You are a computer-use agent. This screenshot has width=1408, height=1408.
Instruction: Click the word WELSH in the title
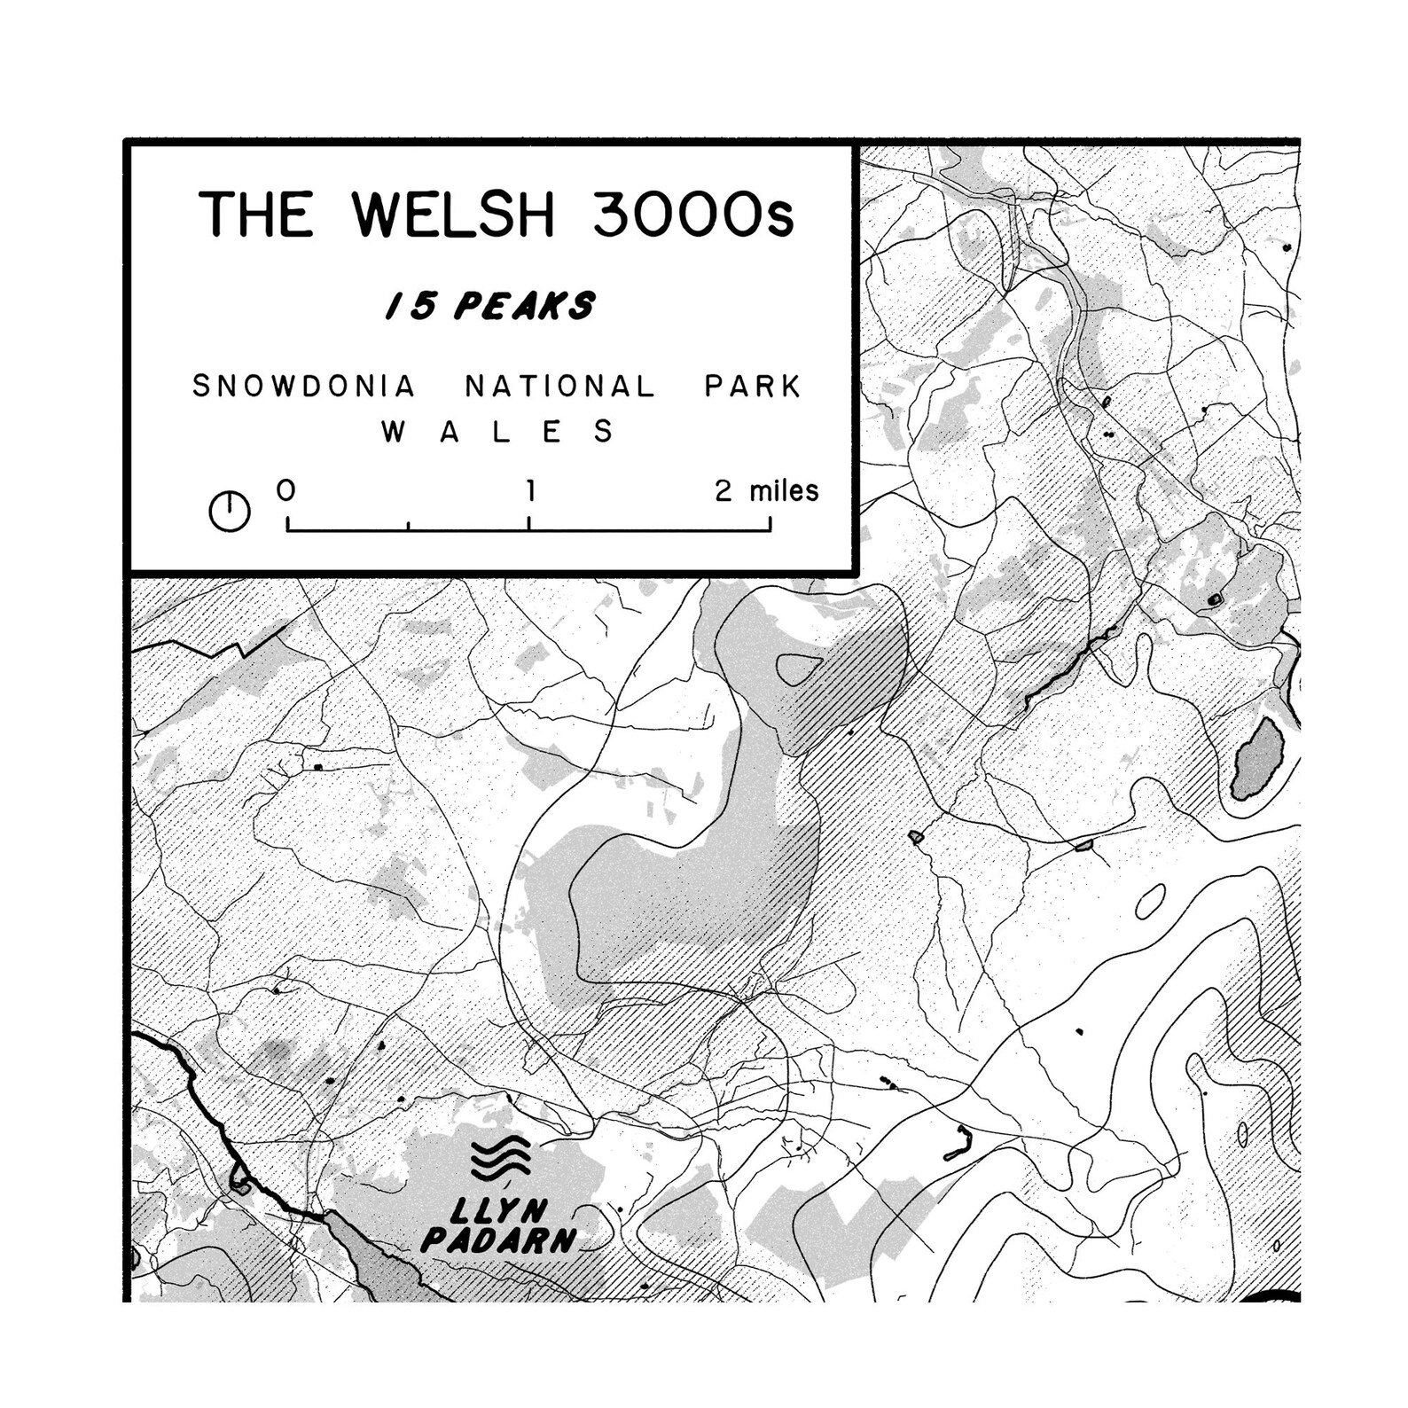pos(452,215)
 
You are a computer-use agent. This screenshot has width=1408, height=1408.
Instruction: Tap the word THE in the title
pos(255,215)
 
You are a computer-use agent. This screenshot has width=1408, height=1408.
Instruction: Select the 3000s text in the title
pos(692,215)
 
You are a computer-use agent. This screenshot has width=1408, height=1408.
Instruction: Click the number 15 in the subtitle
pos(410,307)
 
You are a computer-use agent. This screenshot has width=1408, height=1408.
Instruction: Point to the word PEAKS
pos(524,307)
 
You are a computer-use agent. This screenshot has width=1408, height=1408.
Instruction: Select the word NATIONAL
pos(560,387)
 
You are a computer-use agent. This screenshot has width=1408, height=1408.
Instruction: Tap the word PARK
pos(753,387)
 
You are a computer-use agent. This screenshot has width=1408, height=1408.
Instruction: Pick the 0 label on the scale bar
pos(286,490)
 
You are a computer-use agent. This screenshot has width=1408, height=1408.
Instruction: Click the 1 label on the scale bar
pos(530,490)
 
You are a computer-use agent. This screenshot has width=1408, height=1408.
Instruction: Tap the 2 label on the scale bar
pos(724,490)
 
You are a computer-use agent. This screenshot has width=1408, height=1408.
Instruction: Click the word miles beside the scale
pos(784,490)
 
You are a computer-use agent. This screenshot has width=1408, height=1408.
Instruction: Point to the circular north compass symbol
pos(229,512)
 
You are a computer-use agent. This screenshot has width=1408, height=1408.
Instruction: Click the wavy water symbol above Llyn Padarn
pos(501,1158)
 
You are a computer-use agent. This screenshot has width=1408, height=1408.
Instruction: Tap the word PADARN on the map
pos(498,1240)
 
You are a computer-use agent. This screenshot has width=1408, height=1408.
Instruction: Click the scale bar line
pos(528,530)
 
